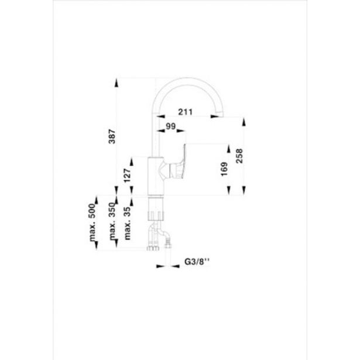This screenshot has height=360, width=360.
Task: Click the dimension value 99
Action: pos(171,126)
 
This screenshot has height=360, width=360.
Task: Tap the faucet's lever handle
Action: pos(177,166)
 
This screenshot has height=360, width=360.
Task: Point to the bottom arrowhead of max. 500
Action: pos(94,248)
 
